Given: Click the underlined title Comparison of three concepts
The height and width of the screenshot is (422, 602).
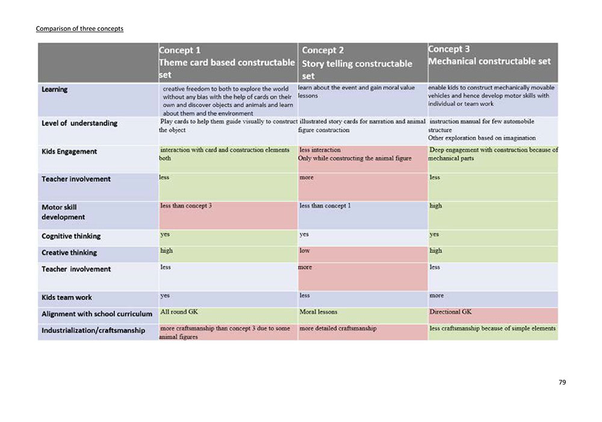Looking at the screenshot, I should (x=79, y=28).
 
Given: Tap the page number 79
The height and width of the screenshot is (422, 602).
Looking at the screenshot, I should (x=562, y=382).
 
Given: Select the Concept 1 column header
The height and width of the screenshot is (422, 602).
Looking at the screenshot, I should (x=227, y=62).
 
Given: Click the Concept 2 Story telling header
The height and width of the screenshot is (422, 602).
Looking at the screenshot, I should (x=357, y=63).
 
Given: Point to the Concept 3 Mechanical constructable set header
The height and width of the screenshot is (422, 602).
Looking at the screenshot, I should (x=489, y=55).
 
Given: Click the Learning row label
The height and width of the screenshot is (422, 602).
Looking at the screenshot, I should (x=55, y=90).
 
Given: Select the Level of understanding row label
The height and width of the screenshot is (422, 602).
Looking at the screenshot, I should (x=79, y=123).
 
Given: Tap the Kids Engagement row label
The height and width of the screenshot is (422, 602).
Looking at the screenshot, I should (x=69, y=151).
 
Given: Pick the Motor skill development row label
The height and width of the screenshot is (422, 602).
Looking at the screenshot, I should (x=63, y=212).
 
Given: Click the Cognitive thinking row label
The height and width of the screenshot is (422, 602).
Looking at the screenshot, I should (x=71, y=236).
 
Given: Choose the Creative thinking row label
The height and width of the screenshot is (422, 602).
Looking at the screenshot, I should (x=69, y=253).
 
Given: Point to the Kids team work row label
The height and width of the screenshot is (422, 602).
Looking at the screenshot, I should (x=67, y=297).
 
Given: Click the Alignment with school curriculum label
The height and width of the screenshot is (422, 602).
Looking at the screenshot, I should (x=97, y=314).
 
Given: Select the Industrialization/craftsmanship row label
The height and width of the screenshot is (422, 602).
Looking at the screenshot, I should (x=93, y=330).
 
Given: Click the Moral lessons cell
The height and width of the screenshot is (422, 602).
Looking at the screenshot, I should (x=318, y=312).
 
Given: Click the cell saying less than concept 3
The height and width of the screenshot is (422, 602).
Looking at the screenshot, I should (x=186, y=206).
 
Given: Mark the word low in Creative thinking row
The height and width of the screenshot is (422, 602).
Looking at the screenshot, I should (x=305, y=250).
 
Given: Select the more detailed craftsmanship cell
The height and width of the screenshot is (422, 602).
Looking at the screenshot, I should (x=338, y=329).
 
